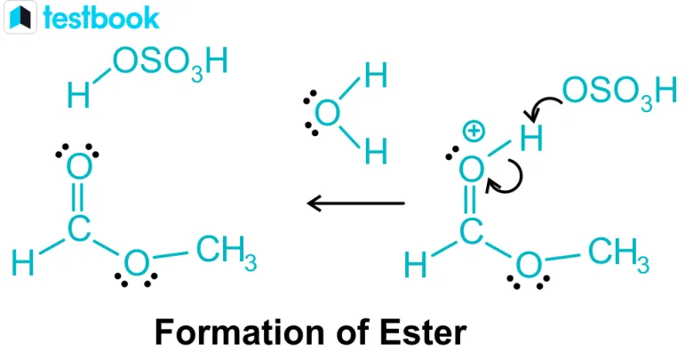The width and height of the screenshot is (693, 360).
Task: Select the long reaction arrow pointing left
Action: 355,204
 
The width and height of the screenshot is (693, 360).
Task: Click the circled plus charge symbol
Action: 474,132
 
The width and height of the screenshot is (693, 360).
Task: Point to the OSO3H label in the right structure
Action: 613,90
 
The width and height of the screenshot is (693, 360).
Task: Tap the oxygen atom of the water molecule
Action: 327,114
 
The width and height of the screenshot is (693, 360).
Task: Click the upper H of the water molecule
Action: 375,76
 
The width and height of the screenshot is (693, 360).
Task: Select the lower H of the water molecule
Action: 375,153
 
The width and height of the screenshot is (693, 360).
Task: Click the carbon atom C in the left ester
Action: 79,228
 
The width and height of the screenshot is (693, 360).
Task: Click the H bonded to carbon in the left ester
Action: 24,263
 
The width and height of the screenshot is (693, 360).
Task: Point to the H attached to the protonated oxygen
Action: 531,137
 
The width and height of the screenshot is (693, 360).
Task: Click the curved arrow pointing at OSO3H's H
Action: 543,108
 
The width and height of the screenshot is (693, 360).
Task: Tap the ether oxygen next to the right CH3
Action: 529,263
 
